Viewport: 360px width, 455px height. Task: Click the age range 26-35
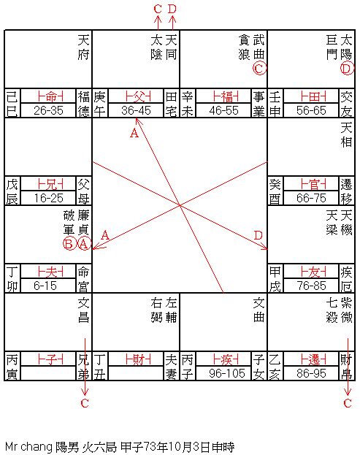pos(48,110)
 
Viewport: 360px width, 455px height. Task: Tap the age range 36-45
pos(136,110)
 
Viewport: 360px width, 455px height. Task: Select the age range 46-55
pos(223,110)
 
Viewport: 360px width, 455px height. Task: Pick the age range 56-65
pos(311,110)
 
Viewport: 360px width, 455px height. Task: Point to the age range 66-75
pos(311,198)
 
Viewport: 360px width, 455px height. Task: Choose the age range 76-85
pos(311,286)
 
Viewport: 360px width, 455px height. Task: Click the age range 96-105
pos(227,373)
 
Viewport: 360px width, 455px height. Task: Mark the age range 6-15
pos(45,286)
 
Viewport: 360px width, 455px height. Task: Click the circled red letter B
pos(69,244)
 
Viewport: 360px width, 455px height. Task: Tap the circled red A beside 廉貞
pos(84,244)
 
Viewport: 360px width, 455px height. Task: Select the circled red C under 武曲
pos(259,69)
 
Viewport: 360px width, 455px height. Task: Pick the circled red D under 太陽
pos(347,69)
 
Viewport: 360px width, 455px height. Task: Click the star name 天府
pos(83,47)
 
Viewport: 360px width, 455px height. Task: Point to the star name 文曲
pos(258,310)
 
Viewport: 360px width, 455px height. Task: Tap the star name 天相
pos(346,135)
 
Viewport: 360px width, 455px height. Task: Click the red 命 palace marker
pos(51,96)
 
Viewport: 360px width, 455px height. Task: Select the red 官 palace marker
pos(313,184)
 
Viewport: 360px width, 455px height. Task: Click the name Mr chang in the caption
pos(28,447)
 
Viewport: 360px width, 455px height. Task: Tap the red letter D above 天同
pos(172,9)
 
